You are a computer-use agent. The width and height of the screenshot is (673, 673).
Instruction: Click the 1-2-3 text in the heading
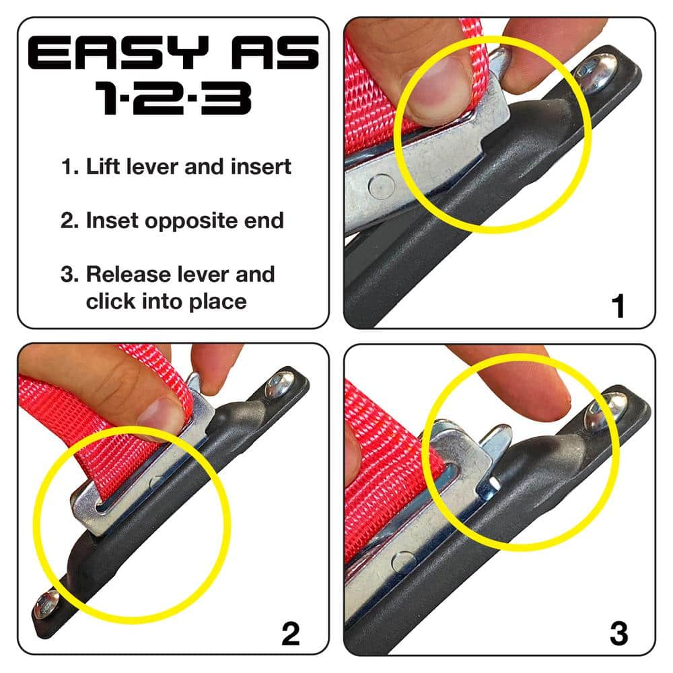pyautogui.click(x=174, y=98)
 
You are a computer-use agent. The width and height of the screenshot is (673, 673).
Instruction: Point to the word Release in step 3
pyautogui.click(x=128, y=275)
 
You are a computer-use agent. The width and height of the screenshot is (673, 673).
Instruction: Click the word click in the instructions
pyautogui.click(x=110, y=301)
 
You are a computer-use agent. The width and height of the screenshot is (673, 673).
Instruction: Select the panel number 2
pyautogui.click(x=289, y=634)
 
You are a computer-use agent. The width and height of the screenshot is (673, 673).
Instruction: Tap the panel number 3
pyautogui.click(x=618, y=634)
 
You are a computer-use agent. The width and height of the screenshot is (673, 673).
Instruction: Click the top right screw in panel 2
pyautogui.click(x=278, y=384)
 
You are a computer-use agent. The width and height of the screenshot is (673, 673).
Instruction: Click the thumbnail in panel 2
pyautogui.click(x=161, y=415)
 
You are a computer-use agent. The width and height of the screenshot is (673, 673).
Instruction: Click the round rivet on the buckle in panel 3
pyautogui.click(x=402, y=562)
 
